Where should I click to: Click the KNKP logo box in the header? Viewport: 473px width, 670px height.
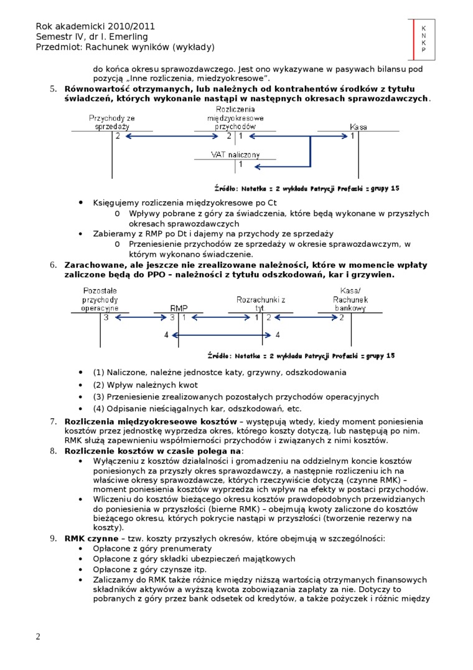(x=423, y=39)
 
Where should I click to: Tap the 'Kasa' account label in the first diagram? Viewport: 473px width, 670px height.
(x=358, y=127)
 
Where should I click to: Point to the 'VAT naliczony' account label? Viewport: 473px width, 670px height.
(x=235, y=155)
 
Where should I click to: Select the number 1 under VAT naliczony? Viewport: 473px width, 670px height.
(x=240, y=165)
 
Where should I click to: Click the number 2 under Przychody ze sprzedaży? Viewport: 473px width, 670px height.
(x=117, y=136)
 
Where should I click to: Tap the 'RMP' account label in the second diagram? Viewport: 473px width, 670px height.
(x=179, y=308)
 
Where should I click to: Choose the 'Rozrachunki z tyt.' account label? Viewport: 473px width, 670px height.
(x=260, y=304)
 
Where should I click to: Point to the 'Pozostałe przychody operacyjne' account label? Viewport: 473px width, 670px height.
(x=100, y=300)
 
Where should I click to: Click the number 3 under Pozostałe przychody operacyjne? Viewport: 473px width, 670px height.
(x=106, y=317)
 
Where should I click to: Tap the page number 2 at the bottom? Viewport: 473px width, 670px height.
(x=38, y=636)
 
